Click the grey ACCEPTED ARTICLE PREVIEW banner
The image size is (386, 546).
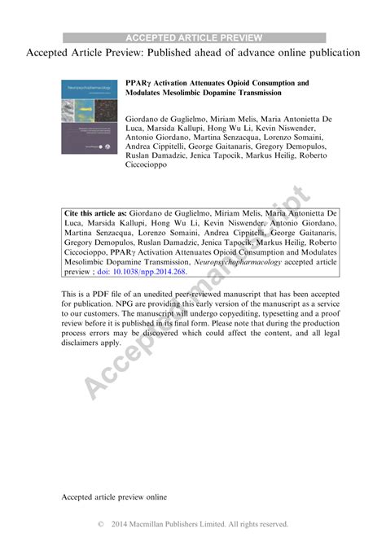tap(194, 37)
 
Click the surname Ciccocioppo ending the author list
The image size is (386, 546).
tap(152, 164)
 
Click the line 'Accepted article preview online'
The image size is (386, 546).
tap(114, 473)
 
